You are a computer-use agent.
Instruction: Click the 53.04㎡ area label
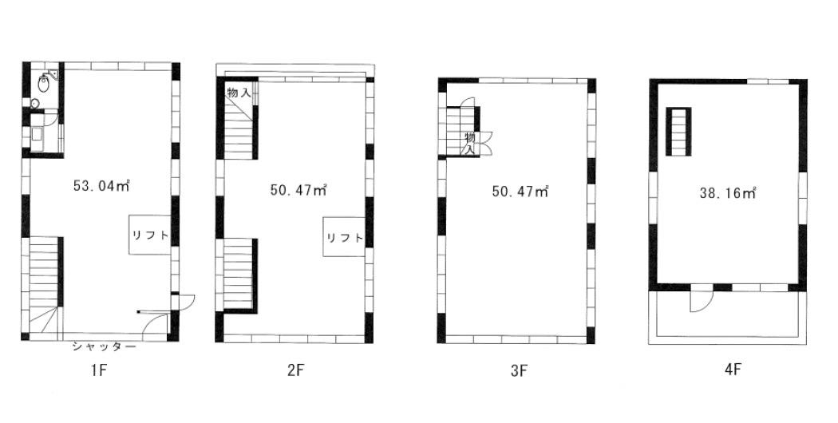click(101, 186)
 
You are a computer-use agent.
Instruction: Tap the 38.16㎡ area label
click(727, 193)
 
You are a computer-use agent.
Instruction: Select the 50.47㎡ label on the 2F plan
click(298, 190)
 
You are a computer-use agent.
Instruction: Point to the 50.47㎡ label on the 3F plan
click(520, 191)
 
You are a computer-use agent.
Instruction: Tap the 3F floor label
click(517, 371)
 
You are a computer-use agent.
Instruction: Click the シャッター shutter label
click(105, 347)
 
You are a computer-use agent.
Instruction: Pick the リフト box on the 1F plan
click(149, 235)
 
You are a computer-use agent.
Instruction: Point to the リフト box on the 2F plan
click(344, 237)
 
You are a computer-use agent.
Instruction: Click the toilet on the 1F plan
click(44, 82)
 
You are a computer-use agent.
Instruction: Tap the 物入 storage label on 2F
click(239, 93)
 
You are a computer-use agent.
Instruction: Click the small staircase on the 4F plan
click(678, 132)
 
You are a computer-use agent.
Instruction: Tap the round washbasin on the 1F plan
click(35, 104)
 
